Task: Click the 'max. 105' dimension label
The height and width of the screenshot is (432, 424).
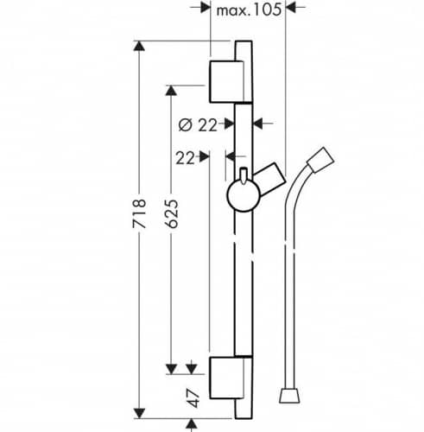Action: [x=249, y=10]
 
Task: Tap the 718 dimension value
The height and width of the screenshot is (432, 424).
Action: [x=139, y=213]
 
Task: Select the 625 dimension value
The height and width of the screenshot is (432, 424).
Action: [x=172, y=213]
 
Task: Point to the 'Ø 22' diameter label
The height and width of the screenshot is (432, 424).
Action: [x=198, y=125]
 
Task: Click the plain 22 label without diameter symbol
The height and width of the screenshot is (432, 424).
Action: [x=185, y=158]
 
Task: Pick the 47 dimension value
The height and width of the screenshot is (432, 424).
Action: [x=193, y=398]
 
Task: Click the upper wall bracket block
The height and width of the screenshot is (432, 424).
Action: [x=227, y=82]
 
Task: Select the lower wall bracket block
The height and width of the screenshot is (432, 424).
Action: [x=227, y=378]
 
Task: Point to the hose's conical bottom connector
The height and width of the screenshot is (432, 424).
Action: [x=289, y=396]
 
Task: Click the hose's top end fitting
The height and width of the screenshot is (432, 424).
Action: [x=320, y=160]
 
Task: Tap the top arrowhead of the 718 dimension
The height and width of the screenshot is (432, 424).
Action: [x=139, y=46]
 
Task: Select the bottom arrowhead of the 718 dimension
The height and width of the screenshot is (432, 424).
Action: [x=139, y=414]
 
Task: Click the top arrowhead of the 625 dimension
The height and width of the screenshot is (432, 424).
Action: [x=171, y=91]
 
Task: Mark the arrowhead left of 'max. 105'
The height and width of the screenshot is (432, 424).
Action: [x=206, y=8]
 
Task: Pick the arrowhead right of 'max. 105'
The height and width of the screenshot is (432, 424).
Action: [x=291, y=8]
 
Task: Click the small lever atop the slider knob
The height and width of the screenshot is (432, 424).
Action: [x=244, y=175]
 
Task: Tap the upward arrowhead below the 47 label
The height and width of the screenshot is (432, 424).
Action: [x=192, y=424]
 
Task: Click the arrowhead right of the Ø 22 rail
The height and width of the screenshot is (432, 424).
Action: [x=258, y=124]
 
